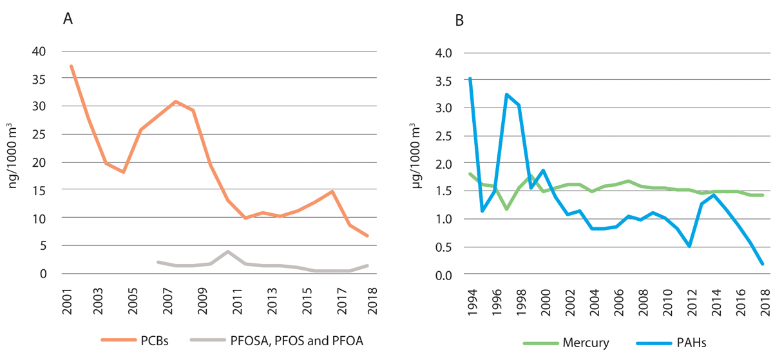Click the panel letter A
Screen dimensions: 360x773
(68, 19)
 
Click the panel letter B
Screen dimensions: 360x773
(459, 20)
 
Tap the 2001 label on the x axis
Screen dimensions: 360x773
(66, 298)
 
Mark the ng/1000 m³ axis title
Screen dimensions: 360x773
(14, 162)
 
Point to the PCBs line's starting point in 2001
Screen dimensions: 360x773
(72, 66)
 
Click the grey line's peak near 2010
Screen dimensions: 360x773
(228, 252)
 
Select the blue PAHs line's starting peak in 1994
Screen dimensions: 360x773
(470, 79)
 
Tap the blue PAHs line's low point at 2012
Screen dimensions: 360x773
(690, 246)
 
